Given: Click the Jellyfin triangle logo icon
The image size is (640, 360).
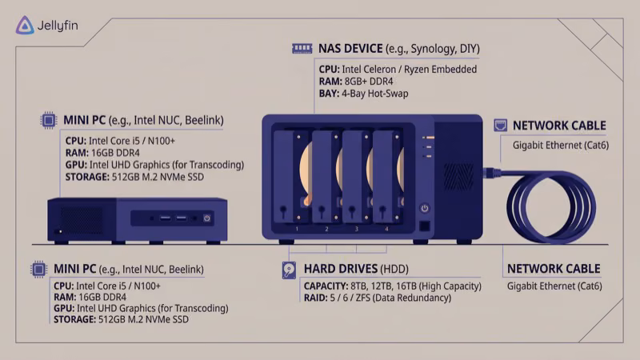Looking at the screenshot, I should pyautogui.click(x=24, y=26).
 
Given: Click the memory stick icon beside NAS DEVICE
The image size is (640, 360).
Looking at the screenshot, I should pyautogui.click(x=302, y=48).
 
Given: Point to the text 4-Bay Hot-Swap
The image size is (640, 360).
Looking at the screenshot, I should pyautogui.click(x=374, y=94).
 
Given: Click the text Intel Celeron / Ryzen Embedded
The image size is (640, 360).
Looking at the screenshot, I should pyautogui.click(x=408, y=70).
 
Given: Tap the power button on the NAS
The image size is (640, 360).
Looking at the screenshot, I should pyautogui.click(x=424, y=208).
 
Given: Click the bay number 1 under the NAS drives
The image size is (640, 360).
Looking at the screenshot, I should pyautogui.click(x=297, y=229).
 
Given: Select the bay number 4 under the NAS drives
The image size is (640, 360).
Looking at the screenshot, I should pyautogui.click(x=386, y=229).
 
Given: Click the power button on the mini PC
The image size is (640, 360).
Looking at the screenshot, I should pyautogui.click(x=206, y=218).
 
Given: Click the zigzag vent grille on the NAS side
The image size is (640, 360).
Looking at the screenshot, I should pyautogui.click(x=458, y=177).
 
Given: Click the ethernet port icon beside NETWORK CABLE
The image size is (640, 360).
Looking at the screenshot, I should pyautogui.click(x=500, y=126).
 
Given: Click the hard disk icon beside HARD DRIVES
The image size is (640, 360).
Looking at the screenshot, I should pyautogui.click(x=289, y=270).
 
